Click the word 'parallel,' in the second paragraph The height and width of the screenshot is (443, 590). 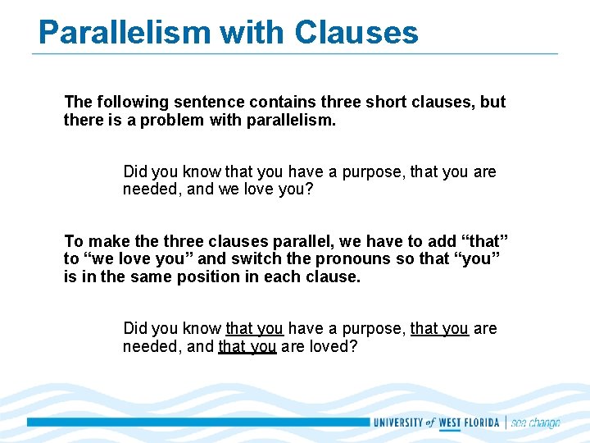click(x=302, y=241)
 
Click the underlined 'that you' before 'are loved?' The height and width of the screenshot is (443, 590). click(x=247, y=346)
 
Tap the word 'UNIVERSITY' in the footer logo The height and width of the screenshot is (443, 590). click(x=397, y=423)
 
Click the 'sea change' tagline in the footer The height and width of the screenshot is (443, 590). click(x=535, y=423)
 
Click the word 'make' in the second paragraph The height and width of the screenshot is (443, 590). click(x=106, y=241)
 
